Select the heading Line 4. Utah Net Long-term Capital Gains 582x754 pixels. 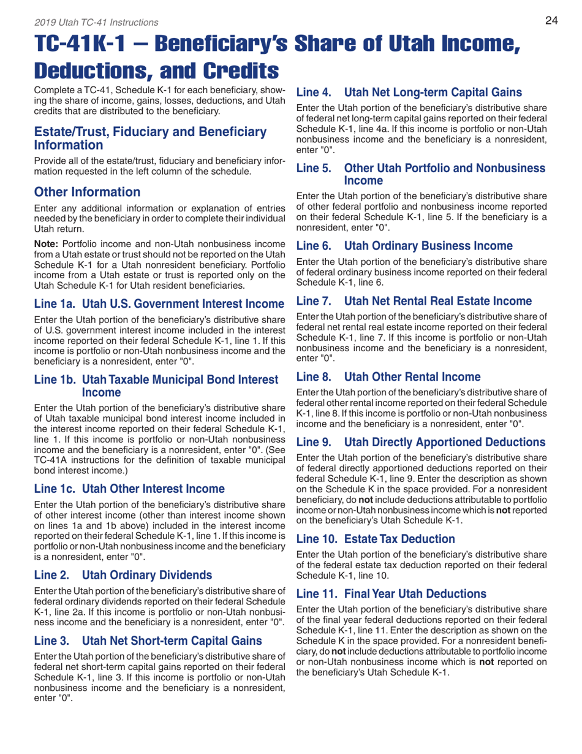point(409,93)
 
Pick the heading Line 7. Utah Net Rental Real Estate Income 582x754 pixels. point(415,300)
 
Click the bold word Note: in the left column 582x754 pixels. point(47,243)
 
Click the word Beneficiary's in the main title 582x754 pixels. point(252,44)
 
